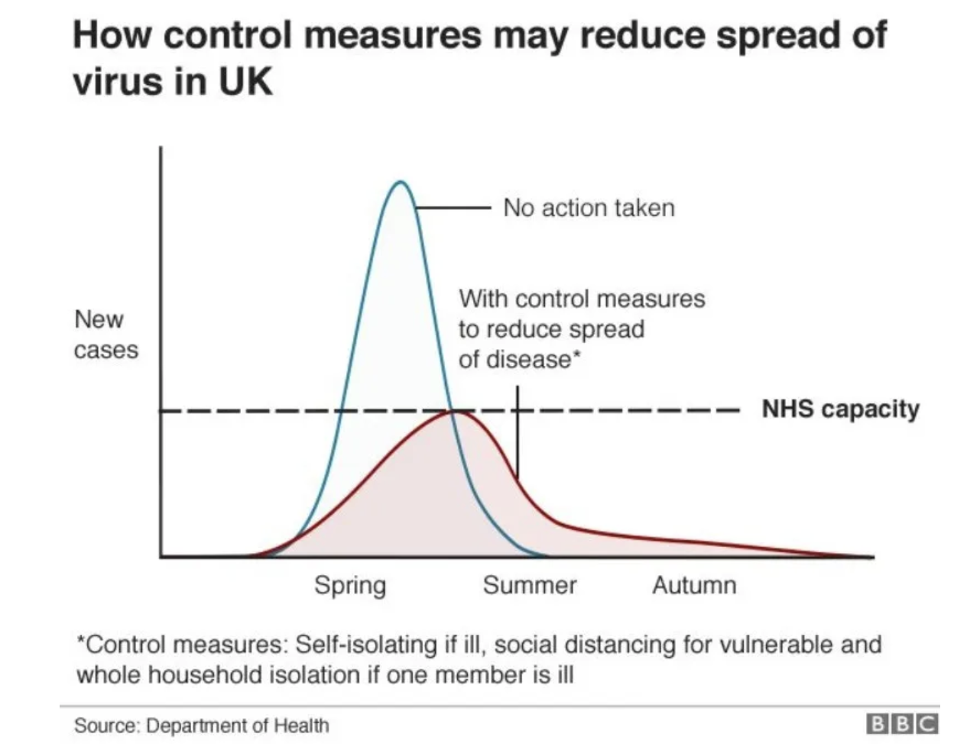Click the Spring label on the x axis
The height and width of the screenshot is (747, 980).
350,586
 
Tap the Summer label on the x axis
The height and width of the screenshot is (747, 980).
530,586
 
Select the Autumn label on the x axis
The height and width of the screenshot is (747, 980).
694,586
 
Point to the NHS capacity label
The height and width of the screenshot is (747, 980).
840,409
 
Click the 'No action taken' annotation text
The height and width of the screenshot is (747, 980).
589,208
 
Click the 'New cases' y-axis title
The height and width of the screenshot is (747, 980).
105,335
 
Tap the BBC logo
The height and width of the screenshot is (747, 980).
901,723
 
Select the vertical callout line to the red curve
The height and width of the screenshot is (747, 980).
518,432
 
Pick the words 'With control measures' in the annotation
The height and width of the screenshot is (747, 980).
581,299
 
